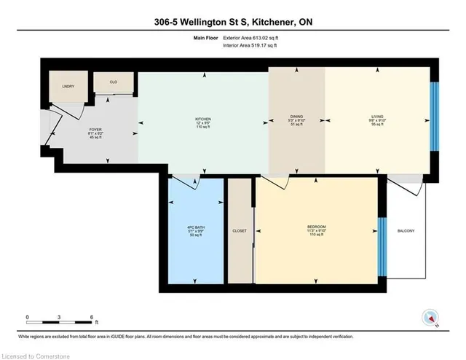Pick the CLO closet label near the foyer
coord(114,82)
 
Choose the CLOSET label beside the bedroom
coord(239,231)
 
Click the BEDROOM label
coord(316,227)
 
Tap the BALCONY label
coord(406,231)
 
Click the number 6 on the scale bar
coord(92,317)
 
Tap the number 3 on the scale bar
coord(60,317)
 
